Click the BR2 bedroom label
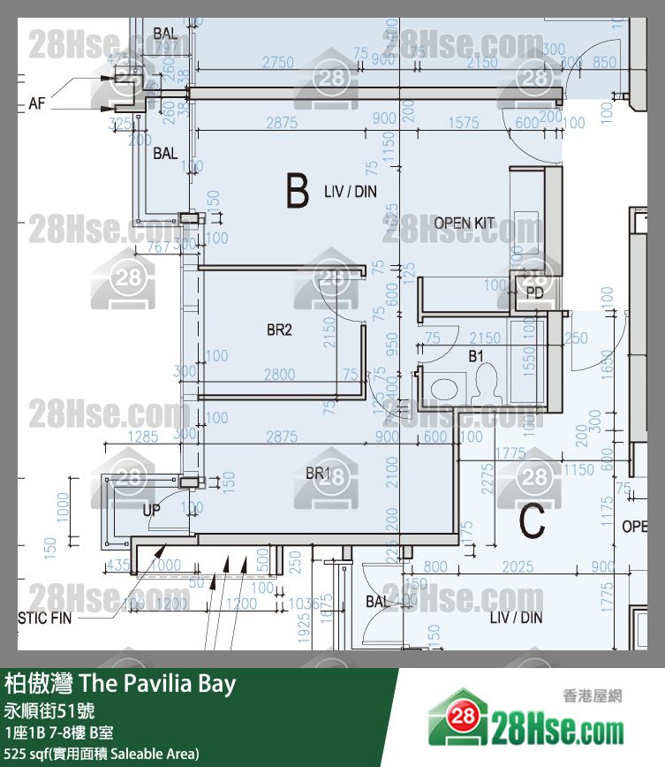[x=279, y=330]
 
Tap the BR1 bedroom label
[x=317, y=475]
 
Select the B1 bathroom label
[x=476, y=356]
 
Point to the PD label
[x=534, y=292]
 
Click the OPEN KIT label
[x=464, y=224]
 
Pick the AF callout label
[x=36, y=103]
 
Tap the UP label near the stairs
[x=151, y=510]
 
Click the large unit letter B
[x=297, y=191]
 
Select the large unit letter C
[x=532, y=520]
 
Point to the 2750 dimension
[x=278, y=63]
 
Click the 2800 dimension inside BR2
[x=279, y=375]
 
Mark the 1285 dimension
[x=143, y=437]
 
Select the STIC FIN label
[x=44, y=618]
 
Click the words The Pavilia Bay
[x=158, y=684]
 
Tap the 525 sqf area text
[x=102, y=753]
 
